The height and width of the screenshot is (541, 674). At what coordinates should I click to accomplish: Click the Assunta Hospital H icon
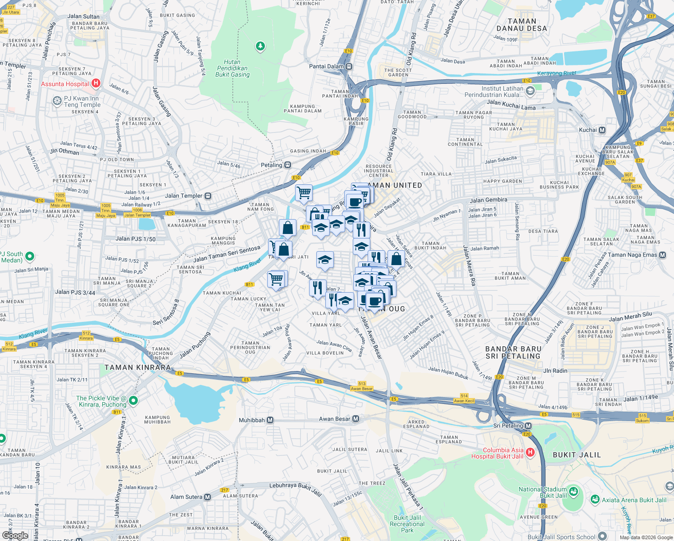[x=96, y=83]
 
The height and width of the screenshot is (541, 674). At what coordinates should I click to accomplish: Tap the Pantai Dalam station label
[x=327, y=66]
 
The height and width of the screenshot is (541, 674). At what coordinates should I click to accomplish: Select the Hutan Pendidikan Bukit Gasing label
[x=232, y=69]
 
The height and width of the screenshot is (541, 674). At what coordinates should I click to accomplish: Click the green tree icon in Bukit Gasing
[x=260, y=46]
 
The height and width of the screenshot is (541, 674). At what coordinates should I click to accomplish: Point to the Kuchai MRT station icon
[x=602, y=130]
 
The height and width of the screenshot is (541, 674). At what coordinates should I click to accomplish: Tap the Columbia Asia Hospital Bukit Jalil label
[x=497, y=453]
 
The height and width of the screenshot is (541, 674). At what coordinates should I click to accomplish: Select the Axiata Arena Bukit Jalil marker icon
[x=595, y=500]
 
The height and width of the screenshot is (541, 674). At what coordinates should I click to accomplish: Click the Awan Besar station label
[x=334, y=419]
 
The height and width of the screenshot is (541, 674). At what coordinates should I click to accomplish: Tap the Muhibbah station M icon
[x=270, y=420]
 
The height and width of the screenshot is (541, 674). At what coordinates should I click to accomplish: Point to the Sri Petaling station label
[x=508, y=426]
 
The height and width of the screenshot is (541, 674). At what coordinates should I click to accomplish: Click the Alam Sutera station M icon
[x=207, y=497]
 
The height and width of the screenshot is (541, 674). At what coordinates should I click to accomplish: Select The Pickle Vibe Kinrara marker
[x=133, y=400]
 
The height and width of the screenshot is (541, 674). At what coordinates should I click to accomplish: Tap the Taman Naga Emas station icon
[x=662, y=255]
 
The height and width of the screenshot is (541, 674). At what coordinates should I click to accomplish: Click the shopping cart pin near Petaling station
[x=304, y=193]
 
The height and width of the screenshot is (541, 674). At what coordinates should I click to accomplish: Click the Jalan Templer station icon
[x=208, y=196]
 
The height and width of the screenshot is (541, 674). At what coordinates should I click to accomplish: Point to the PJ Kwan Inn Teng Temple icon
[x=57, y=101]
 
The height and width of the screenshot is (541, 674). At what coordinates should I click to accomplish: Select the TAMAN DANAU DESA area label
[x=522, y=25]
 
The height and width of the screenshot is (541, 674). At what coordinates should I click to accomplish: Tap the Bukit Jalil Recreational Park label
[x=407, y=524]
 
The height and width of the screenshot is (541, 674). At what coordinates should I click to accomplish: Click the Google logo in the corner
[x=15, y=535]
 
